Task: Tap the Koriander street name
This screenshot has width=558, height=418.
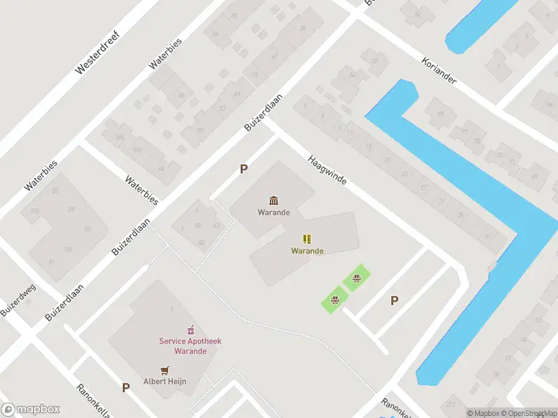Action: click(439, 71)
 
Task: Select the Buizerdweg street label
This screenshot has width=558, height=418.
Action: click(19, 300)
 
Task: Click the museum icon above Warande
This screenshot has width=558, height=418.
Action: click(273, 201)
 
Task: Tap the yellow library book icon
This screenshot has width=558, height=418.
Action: click(307, 239)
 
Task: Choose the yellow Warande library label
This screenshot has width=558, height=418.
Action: click(307, 251)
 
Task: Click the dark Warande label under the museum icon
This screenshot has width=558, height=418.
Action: click(273, 212)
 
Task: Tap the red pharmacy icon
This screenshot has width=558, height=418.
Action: click(188, 329)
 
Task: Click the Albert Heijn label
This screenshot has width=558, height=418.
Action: click(165, 381)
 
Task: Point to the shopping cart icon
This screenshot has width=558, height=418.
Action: click(165, 370)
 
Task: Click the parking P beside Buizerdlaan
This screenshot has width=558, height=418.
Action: click(243, 169)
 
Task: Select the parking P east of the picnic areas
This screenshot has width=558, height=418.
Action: click(394, 300)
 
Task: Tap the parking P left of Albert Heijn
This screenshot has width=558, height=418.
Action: click(126, 387)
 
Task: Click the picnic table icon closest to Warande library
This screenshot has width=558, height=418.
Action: click(356, 280)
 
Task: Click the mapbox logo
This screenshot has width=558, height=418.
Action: click(31, 410)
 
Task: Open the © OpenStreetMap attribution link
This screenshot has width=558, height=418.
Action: click(529, 413)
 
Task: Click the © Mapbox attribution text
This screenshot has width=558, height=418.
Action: click(483, 413)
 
